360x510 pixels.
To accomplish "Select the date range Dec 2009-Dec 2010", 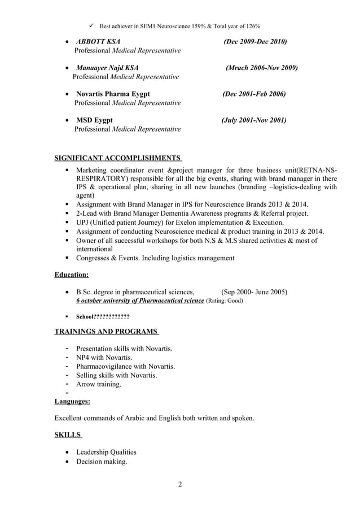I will click(x=255, y=42).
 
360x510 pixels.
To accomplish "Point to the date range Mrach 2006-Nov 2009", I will click(x=261, y=68).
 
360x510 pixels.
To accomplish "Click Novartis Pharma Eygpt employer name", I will click(x=113, y=94).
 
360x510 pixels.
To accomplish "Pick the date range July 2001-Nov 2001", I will click(x=254, y=120).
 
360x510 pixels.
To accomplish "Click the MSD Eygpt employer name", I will click(x=94, y=120).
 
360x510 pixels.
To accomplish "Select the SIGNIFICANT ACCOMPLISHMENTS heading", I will click(x=118, y=158).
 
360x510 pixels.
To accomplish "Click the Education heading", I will click(x=71, y=275).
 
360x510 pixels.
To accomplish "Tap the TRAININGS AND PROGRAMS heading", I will click(x=106, y=332).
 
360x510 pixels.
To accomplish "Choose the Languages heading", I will click(x=72, y=402).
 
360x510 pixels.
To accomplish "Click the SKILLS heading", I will click(x=68, y=435).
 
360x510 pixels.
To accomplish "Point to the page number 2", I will click(x=179, y=484).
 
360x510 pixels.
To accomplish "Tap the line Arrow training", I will click(x=98, y=384).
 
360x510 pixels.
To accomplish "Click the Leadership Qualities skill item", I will click(x=106, y=452).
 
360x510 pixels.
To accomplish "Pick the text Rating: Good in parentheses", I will click(x=225, y=302).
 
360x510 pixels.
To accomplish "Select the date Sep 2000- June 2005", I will click(x=254, y=292).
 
